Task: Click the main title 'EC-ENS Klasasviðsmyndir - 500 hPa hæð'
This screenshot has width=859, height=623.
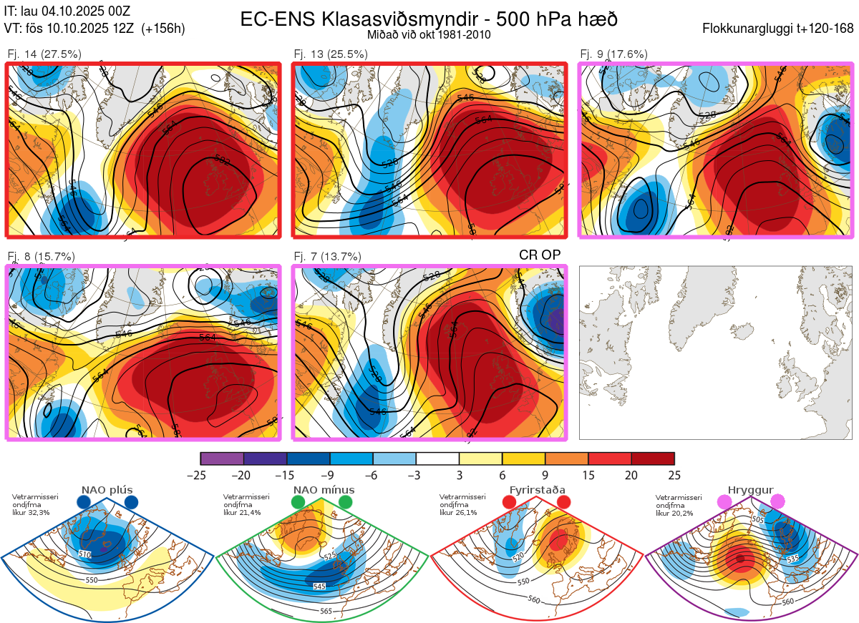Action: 429,19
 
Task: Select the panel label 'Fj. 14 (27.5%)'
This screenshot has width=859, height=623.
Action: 44,54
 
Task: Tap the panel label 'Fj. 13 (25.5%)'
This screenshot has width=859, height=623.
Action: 331,54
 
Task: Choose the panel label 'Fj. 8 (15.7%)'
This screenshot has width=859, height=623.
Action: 41,256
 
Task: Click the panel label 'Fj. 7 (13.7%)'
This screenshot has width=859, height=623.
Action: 327,256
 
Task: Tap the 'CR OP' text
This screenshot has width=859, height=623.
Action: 539,255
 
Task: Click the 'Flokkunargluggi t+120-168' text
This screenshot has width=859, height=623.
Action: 778,29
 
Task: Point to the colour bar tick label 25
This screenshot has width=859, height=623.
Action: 674,475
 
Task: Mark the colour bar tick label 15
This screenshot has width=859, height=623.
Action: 588,475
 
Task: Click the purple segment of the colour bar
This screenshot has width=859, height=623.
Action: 222,458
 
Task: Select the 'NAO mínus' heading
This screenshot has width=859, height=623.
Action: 324,490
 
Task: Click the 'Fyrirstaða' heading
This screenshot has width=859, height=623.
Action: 536,490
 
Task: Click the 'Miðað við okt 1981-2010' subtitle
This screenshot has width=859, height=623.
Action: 429,34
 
